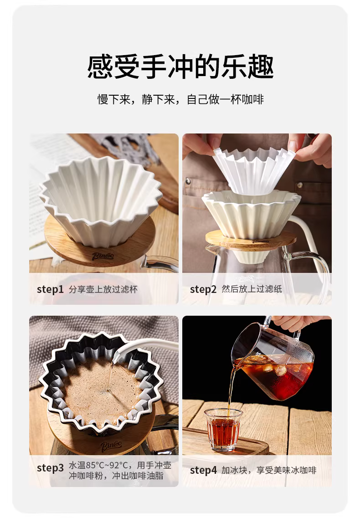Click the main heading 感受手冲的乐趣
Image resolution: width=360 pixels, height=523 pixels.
click(x=180, y=67)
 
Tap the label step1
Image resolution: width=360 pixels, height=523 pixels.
click(x=50, y=289)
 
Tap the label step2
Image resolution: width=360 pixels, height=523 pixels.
click(x=203, y=289)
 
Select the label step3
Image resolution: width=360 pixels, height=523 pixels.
click(x=50, y=468)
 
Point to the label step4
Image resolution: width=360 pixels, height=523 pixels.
click(x=203, y=470)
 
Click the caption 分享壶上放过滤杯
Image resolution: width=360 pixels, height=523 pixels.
click(x=103, y=289)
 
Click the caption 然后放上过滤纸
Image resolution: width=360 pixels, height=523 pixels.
click(x=252, y=289)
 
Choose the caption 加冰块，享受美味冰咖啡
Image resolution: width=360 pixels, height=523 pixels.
click(x=269, y=470)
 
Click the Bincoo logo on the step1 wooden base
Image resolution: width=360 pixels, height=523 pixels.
click(x=103, y=256)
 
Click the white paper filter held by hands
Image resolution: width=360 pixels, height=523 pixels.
click(x=254, y=169)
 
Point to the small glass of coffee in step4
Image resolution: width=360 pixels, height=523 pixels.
click(x=223, y=430)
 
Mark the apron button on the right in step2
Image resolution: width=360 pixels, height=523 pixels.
click(x=299, y=185)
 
